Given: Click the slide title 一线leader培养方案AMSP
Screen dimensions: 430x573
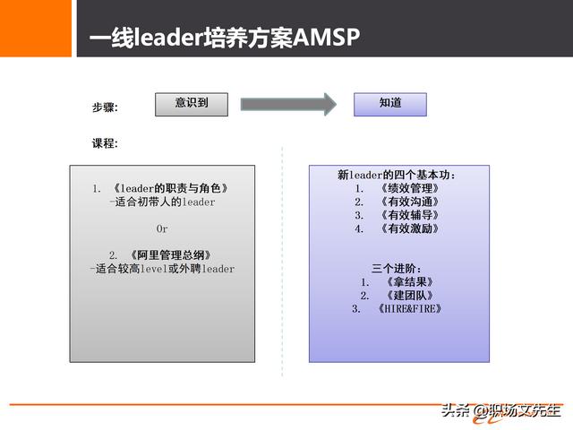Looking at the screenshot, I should [224, 38].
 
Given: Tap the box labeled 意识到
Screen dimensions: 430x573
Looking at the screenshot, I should [191, 104].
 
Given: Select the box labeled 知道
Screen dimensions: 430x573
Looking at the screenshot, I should [390, 104].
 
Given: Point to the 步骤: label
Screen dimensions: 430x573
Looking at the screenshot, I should [105, 107].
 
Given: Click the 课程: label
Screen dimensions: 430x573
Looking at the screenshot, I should [105, 143].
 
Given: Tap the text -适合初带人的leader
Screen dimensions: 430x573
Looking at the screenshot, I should [162, 202].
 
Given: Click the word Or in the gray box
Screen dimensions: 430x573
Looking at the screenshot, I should [162, 228].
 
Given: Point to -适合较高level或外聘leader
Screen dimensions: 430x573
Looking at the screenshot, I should [162, 269].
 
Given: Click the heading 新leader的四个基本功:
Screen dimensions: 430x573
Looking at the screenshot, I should [398, 175].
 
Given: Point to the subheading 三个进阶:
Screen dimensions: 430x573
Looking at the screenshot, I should [397, 269].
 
